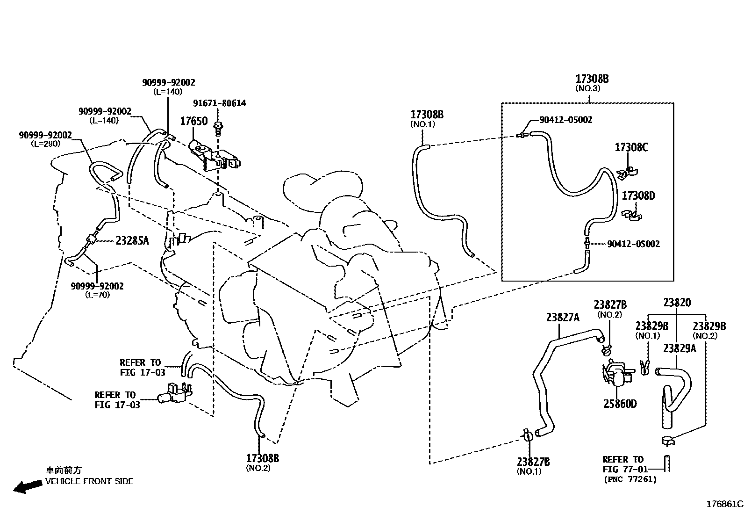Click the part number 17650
pyautogui.click(x=193, y=122)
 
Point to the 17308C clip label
pyautogui.click(x=631, y=148)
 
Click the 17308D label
pyautogui.click(x=638, y=195)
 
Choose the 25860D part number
pyautogui.click(x=620, y=404)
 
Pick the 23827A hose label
pyautogui.click(x=562, y=318)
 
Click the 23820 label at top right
pyautogui.click(x=677, y=303)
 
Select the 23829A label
pyautogui.click(x=680, y=348)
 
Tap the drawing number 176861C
pyautogui.click(x=724, y=504)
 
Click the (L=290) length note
pyautogui.click(x=45, y=144)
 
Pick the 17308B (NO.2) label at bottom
pyautogui.click(x=262, y=458)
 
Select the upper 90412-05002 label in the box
pyautogui.click(x=565, y=120)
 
